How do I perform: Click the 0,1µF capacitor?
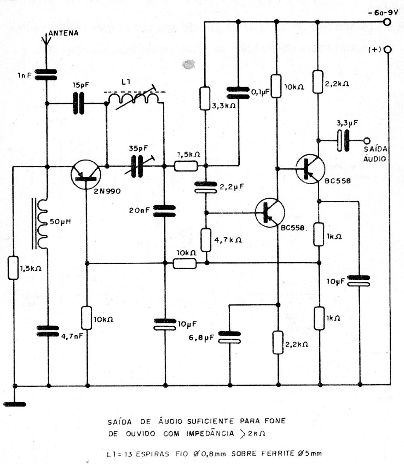point(238,92)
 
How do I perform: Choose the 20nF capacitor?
point(164,211)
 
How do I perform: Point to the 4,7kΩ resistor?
point(205,239)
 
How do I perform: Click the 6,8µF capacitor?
point(230,337)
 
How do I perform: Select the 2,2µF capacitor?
point(205,188)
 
